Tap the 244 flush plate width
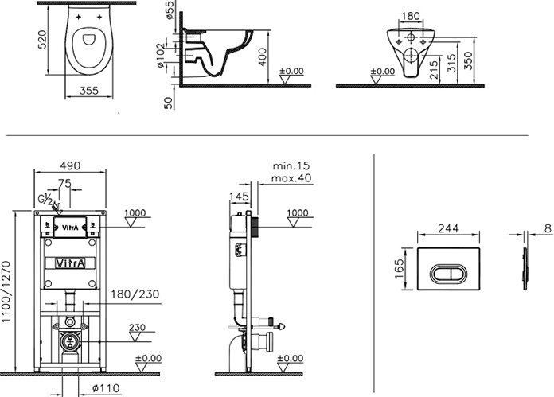click(450, 227)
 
